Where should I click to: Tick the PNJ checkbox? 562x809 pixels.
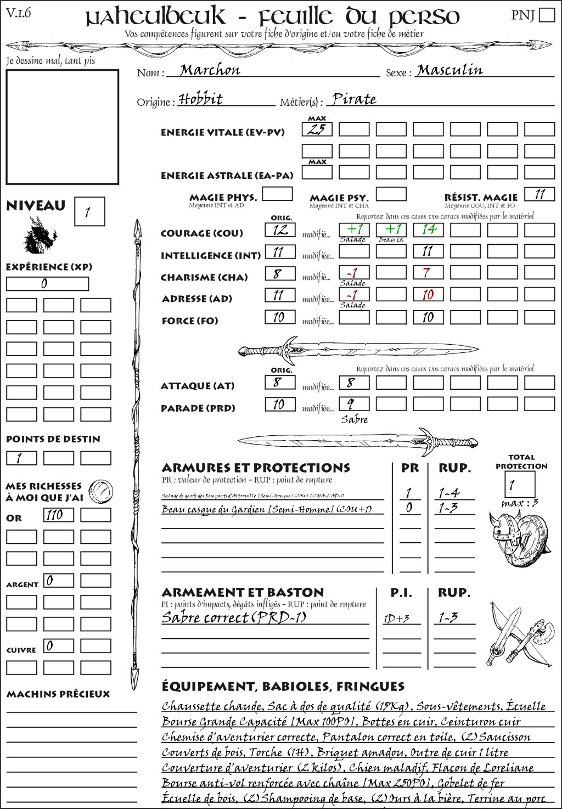(x=547, y=15)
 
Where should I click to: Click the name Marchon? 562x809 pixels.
(x=210, y=70)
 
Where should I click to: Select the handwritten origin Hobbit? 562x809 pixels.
(x=201, y=99)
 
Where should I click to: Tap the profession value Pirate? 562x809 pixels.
(x=354, y=99)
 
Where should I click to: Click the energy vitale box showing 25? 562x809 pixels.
(x=317, y=130)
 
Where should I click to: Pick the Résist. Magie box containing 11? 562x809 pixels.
(x=539, y=194)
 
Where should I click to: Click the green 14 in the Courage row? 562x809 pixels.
(x=428, y=229)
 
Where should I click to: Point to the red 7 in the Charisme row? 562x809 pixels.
(x=428, y=273)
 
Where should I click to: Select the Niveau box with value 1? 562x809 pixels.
(x=89, y=212)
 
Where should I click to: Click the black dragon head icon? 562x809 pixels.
(x=40, y=236)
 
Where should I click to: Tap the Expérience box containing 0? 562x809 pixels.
(x=47, y=284)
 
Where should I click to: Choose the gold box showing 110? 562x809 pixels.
(x=58, y=515)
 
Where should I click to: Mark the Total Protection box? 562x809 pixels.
(x=519, y=485)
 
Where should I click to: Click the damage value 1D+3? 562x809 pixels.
(x=396, y=619)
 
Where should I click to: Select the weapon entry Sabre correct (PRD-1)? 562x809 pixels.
(x=234, y=617)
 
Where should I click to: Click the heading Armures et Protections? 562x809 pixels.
(x=256, y=468)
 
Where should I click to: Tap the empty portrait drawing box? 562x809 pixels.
(x=62, y=127)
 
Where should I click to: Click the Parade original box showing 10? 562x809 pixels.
(x=280, y=404)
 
